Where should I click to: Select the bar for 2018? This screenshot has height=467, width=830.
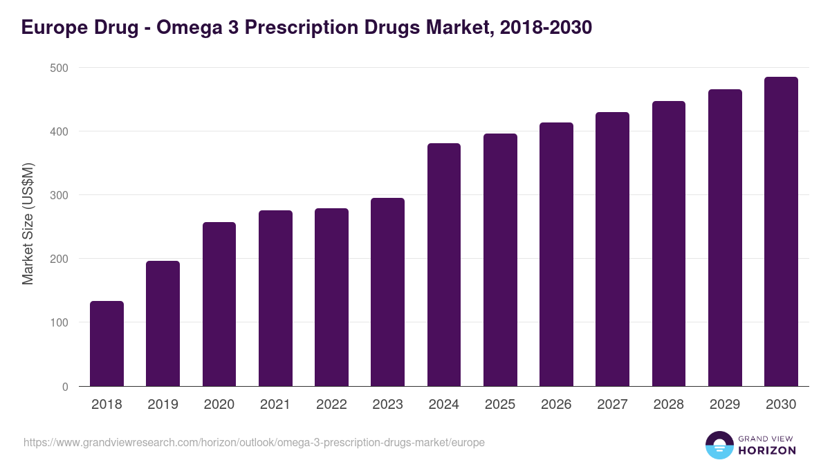click(107, 344)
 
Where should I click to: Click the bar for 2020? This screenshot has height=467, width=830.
click(219, 304)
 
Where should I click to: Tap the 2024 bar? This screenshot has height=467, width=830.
click(443, 265)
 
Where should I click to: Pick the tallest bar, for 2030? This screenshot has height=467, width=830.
click(781, 232)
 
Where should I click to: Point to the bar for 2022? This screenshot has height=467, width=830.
click(331, 297)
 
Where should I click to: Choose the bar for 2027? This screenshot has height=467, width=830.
click(612, 249)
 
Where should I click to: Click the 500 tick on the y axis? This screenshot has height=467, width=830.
click(59, 68)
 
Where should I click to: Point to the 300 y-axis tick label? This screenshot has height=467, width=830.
click(59, 195)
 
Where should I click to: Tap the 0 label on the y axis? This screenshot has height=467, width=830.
click(65, 387)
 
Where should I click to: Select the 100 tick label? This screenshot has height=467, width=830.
click(59, 322)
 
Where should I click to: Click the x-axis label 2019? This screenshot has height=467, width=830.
click(163, 405)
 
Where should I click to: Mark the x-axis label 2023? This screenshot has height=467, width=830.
click(387, 405)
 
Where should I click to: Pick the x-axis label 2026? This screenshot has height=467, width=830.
click(556, 405)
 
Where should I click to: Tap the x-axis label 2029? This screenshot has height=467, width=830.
click(725, 405)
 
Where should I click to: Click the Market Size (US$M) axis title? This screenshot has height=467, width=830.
click(28, 224)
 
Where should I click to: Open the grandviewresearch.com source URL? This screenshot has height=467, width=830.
click(254, 442)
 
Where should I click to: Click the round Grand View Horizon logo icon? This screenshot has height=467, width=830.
click(719, 445)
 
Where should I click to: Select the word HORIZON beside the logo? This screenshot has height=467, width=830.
click(767, 450)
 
